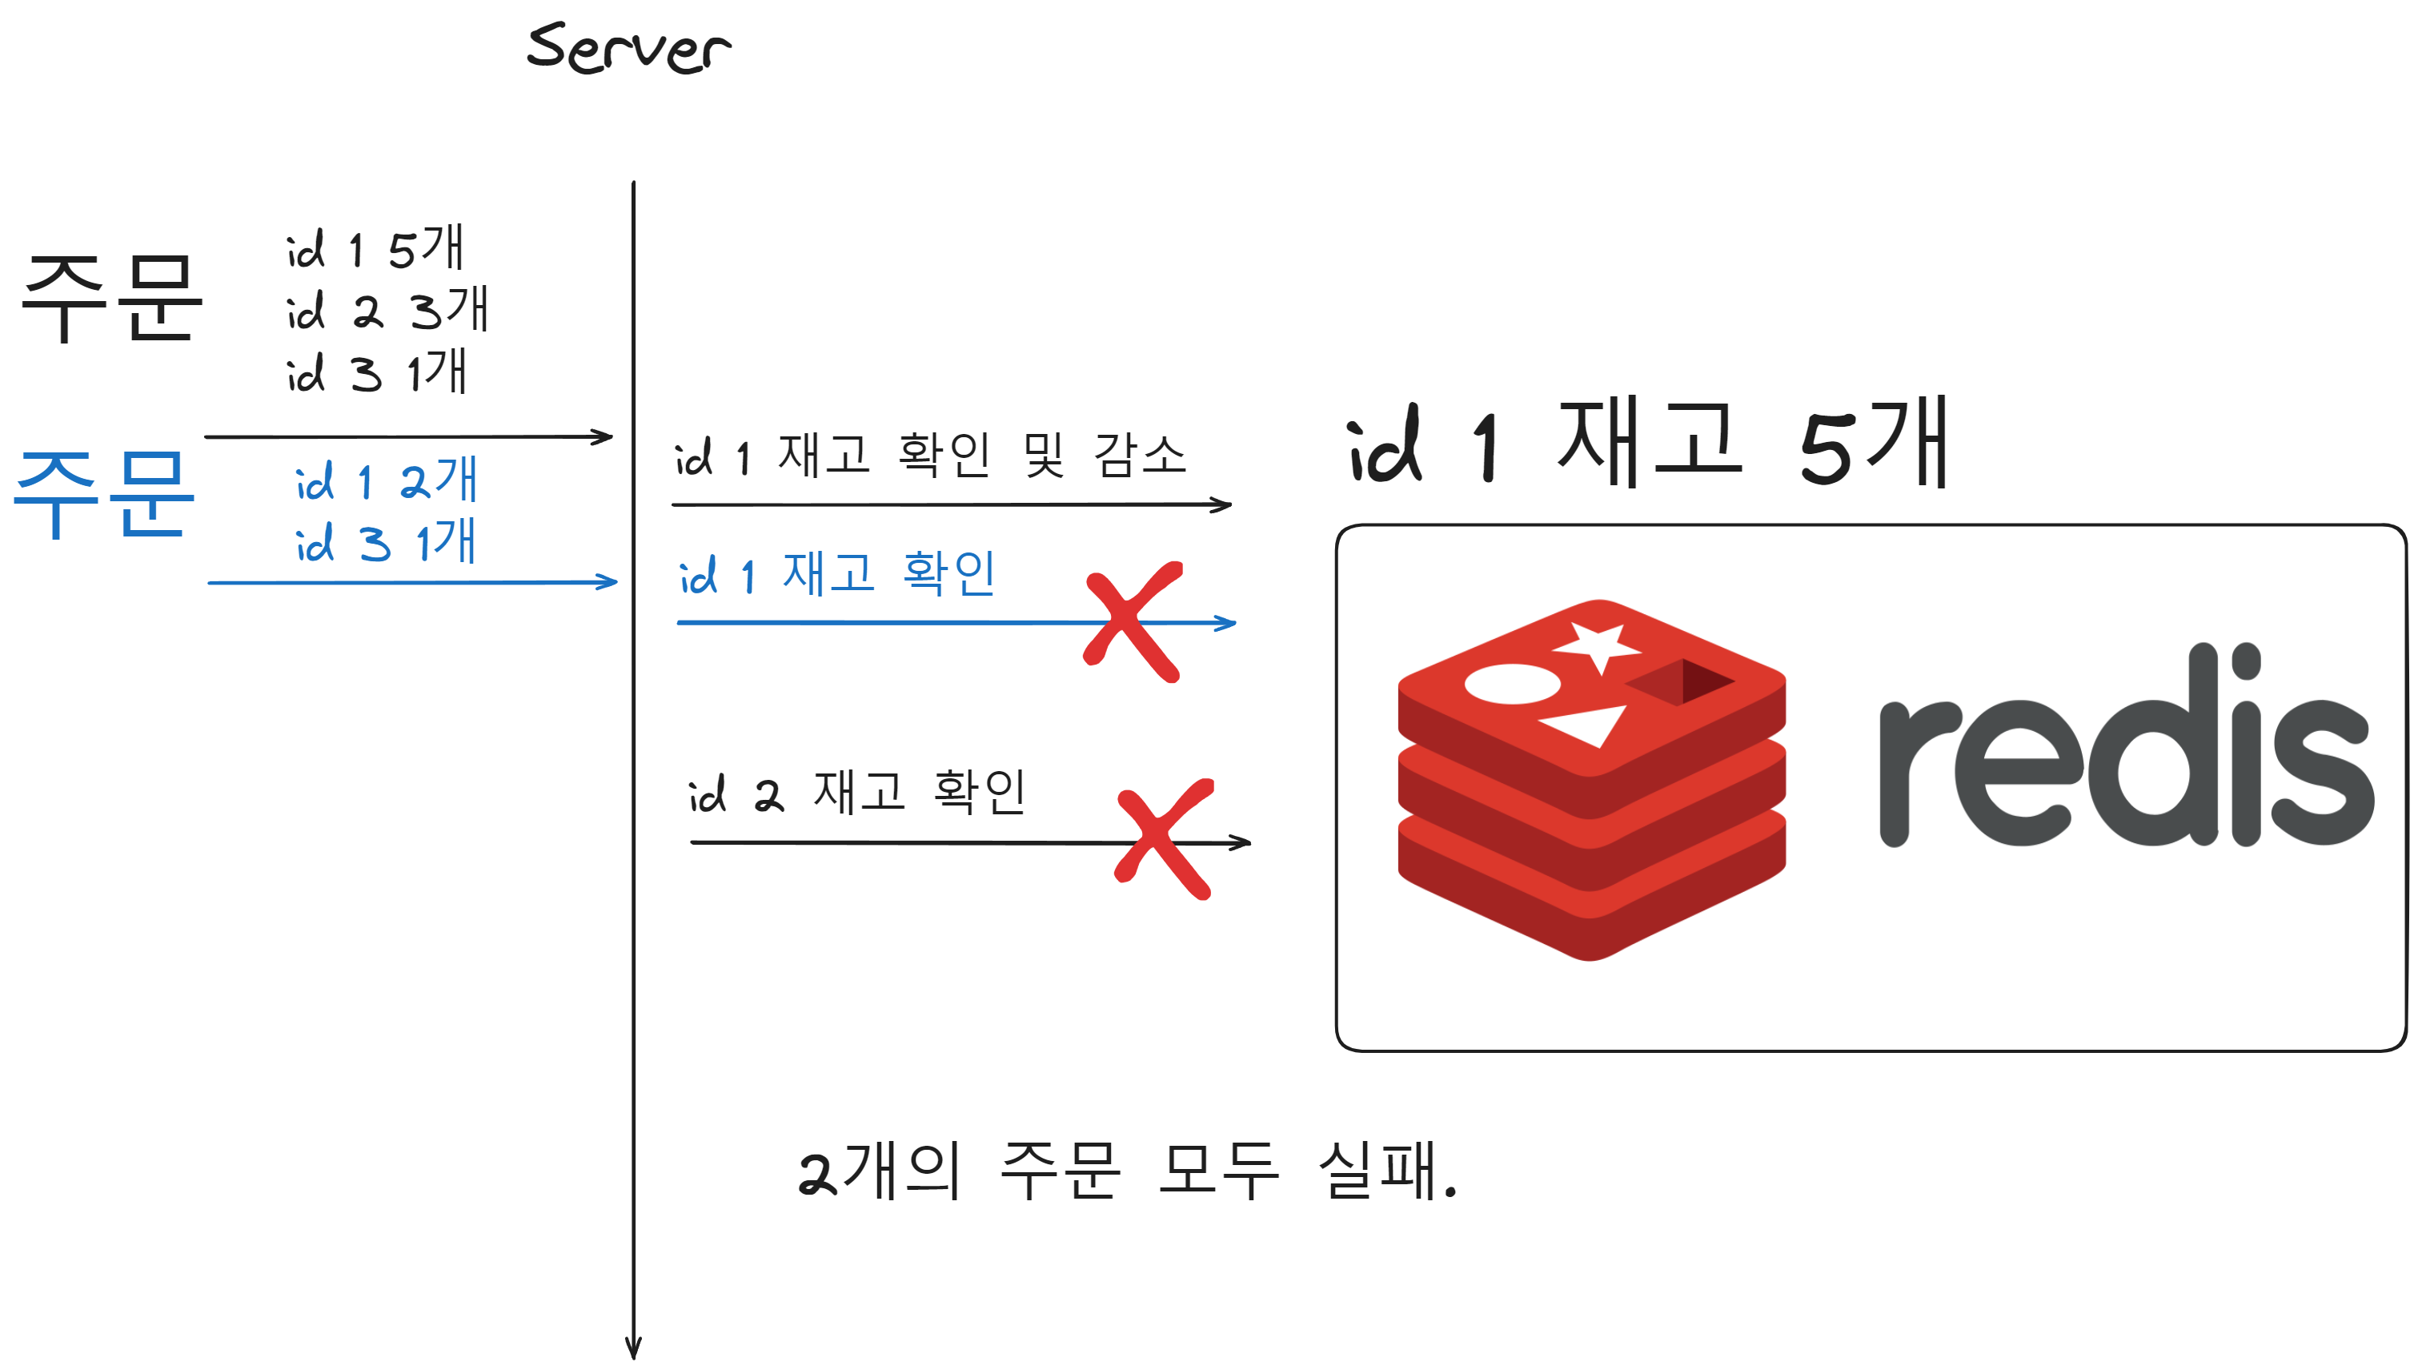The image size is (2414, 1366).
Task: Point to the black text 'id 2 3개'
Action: tap(387, 310)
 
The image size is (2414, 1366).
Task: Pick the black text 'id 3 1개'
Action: tap(376, 372)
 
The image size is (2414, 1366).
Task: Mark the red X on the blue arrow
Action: tap(1133, 622)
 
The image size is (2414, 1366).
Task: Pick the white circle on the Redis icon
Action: tap(1512, 684)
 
